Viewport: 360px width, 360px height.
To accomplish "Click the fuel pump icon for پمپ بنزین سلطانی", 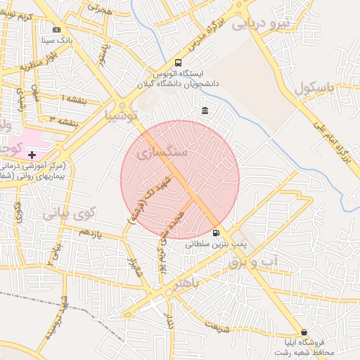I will [x=215, y=233].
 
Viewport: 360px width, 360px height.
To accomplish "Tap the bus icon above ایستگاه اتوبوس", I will [x=177, y=62].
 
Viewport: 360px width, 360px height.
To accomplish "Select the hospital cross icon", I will [x=32, y=154].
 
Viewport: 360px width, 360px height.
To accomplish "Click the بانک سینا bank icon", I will [x=56, y=30].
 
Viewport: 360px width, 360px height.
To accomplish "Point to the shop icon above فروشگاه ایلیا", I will [x=304, y=332].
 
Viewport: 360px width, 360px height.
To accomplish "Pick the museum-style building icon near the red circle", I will [x=205, y=111].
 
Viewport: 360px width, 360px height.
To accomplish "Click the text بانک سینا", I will [x=58, y=41].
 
